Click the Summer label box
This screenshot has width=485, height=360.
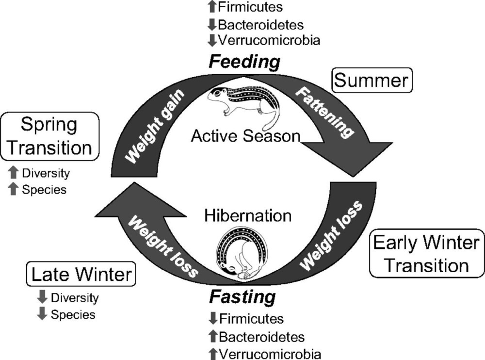click(x=372, y=80)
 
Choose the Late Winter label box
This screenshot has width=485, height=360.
click(x=81, y=275)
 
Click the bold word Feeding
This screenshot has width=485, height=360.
click(x=244, y=62)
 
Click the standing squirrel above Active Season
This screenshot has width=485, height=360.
click(x=242, y=101)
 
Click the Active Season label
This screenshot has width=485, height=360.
click(x=246, y=136)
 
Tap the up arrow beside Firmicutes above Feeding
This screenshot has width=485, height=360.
click(x=211, y=7)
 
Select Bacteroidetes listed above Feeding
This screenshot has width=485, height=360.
click(x=261, y=23)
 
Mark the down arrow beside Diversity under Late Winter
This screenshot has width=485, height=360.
click(x=43, y=297)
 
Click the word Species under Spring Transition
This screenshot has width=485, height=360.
click(x=44, y=190)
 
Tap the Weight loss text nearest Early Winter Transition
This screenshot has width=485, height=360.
click(x=331, y=233)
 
